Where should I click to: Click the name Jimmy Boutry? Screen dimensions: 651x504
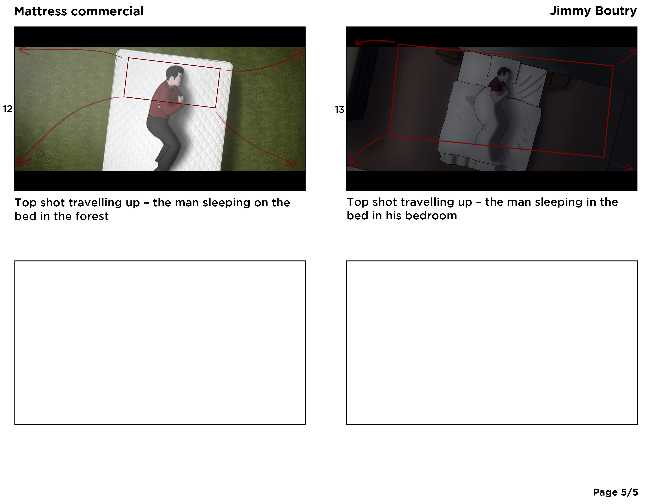(593, 11)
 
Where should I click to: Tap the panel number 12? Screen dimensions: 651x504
(8, 109)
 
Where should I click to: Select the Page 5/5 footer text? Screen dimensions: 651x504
(615, 492)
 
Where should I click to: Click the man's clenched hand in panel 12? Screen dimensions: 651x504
(181, 99)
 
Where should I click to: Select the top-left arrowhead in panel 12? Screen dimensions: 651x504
(23, 51)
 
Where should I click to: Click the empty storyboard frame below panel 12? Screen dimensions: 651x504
(160, 343)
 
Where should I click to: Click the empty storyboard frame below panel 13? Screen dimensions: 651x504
(492, 343)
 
